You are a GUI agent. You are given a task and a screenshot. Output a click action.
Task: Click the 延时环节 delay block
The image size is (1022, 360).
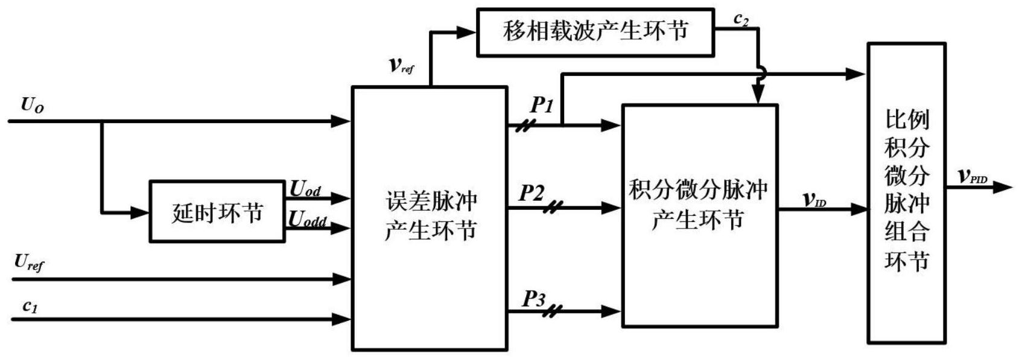click(x=217, y=212)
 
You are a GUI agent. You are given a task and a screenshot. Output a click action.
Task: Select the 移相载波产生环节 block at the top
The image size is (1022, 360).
click(x=595, y=32)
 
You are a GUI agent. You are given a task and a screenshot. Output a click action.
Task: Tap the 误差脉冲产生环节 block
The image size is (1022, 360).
click(x=429, y=217)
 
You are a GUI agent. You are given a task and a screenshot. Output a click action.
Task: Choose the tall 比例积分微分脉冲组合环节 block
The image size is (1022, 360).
click(x=906, y=193)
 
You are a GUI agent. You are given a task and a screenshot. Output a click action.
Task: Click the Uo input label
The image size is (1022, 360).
click(x=32, y=105)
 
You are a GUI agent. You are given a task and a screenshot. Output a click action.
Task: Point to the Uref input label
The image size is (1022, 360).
click(x=29, y=263)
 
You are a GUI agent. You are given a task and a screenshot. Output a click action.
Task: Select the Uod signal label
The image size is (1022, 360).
click(x=305, y=189)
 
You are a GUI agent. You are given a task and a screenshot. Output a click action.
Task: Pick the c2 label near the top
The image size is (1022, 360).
click(x=741, y=19)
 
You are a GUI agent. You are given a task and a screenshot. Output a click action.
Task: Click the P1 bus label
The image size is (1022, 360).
click(x=541, y=106)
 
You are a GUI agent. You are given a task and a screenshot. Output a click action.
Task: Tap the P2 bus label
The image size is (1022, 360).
click(x=532, y=194)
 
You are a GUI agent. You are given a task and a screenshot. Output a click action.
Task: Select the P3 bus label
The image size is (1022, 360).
click(x=533, y=298)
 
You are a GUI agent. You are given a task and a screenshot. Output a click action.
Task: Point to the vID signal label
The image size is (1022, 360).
click(x=814, y=200)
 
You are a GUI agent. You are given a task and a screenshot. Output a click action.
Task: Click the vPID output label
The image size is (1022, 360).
click(x=973, y=176)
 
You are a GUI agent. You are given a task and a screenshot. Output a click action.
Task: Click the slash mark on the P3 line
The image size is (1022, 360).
click(x=552, y=311)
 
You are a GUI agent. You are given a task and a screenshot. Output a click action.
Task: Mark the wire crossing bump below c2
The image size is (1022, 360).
click(x=760, y=74)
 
